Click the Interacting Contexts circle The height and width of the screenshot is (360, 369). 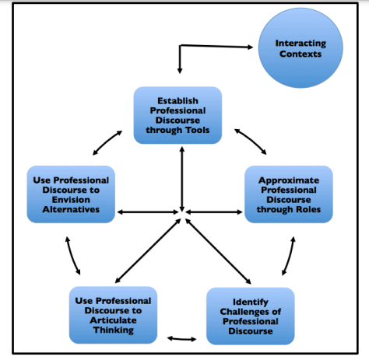[300, 50]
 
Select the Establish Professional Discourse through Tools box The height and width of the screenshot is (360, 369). [177, 115]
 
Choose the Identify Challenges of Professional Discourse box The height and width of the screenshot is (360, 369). [250, 316]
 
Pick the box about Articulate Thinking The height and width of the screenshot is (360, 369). [114, 316]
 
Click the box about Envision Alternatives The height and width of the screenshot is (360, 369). [71, 194]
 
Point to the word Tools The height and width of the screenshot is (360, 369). [195, 130]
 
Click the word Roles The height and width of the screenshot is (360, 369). [313, 209]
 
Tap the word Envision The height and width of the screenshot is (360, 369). [71, 199]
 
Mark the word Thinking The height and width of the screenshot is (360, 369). [114, 330]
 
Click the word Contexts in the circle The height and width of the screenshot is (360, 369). [300, 54]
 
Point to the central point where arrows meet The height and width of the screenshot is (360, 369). [181, 211]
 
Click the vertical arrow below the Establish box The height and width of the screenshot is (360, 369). [181, 175]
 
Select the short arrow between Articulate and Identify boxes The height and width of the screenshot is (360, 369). [181, 339]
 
